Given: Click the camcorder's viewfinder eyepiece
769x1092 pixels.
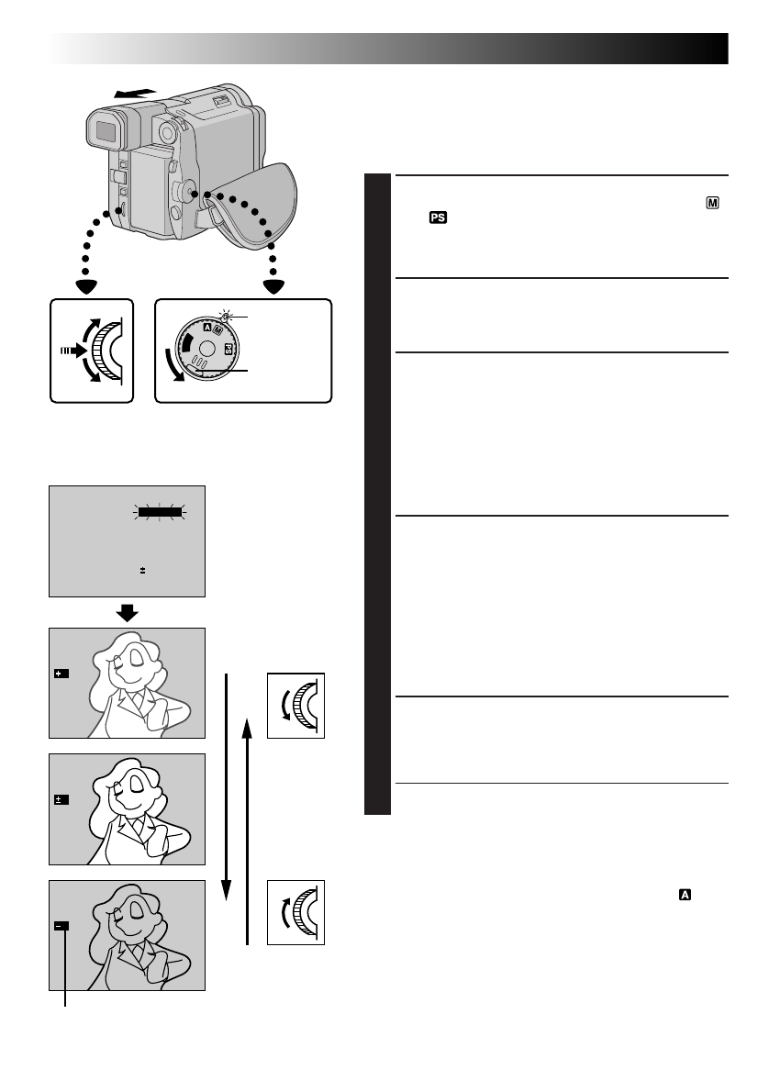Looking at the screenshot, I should (106, 134).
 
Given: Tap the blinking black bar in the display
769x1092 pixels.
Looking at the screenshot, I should (162, 512).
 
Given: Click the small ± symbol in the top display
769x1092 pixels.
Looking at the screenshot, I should (142, 571).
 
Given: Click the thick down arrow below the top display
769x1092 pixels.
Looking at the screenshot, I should (127, 612).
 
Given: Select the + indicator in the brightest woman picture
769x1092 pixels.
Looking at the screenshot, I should (61, 674).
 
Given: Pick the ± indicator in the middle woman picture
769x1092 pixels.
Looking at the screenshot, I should (61, 800).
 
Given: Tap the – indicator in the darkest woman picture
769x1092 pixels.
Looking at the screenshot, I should (61, 926).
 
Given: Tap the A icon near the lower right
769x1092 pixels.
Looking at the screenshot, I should (684, 891).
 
